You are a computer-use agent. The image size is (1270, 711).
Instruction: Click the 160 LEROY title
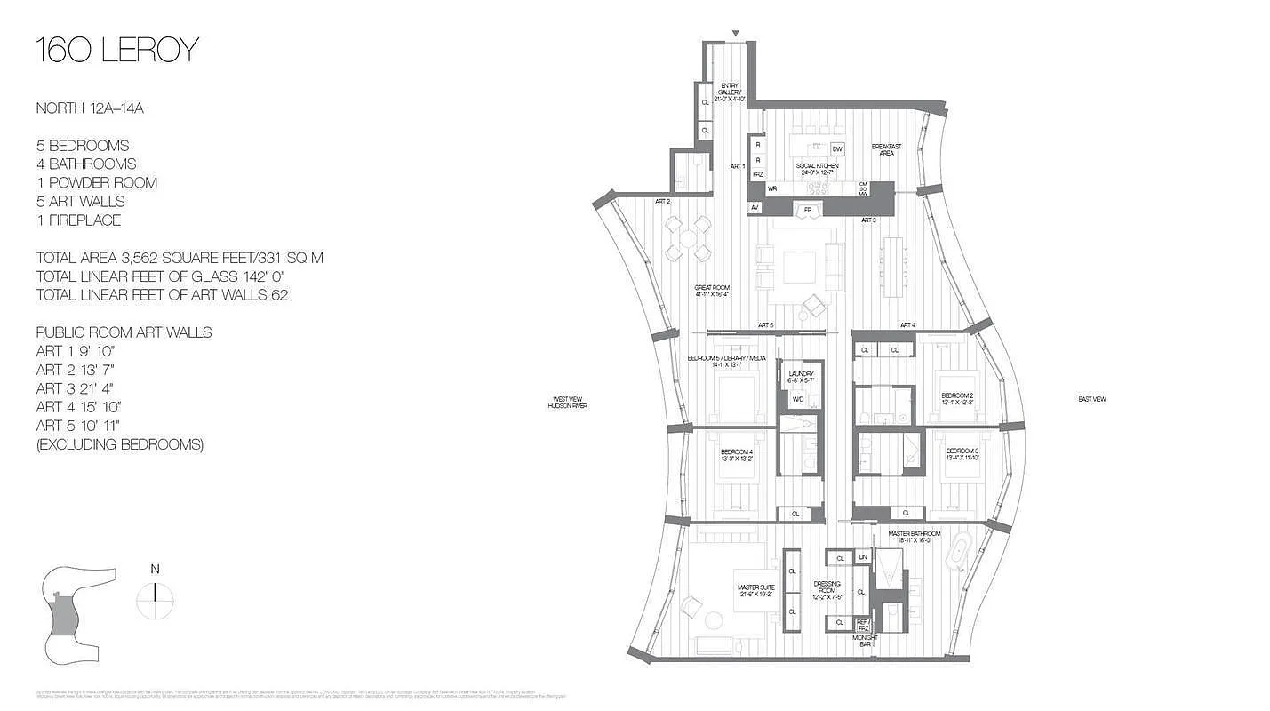pos(116,51)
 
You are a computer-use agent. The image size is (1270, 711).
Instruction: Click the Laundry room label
pos(800,377)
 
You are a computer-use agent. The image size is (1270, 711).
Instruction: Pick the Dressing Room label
pos(827,590)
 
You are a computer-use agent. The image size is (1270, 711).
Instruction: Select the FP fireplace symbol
pos(808,210)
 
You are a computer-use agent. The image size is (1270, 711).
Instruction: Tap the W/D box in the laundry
pos(797,400)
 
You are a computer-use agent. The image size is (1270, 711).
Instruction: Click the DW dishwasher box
pos(837,148)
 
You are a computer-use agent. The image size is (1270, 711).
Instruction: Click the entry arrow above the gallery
pos(735,34)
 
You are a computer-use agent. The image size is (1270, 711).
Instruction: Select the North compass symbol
pos(156,595)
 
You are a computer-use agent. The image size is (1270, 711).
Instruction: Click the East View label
pos(1092,400)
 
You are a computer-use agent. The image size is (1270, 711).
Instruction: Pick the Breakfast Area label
pos(886,149)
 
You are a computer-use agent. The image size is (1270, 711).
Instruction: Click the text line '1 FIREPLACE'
pos(78,220)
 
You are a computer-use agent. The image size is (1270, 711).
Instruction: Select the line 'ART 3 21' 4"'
pos(76,388)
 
